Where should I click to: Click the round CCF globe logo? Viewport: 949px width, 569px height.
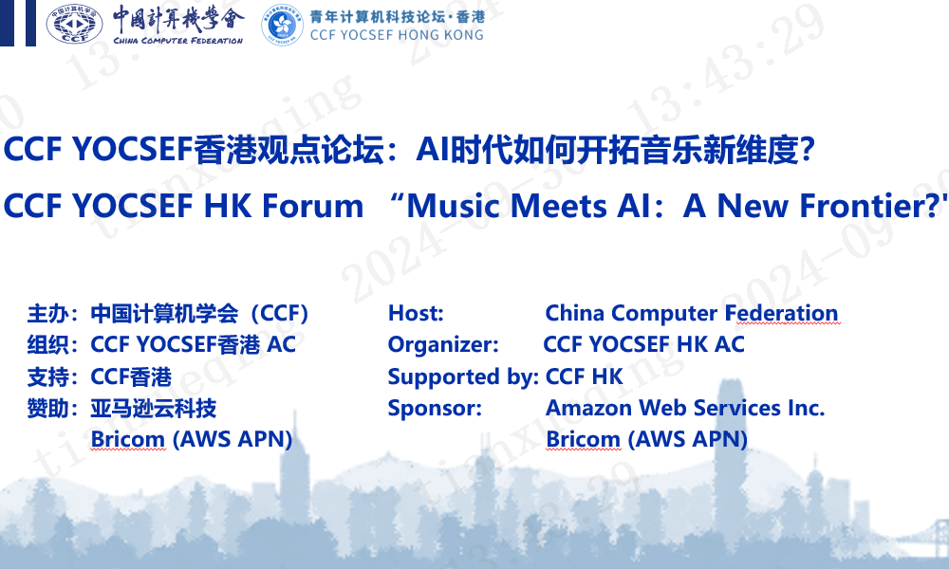tap(74, 24)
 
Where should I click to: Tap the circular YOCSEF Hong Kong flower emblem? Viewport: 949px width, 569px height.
tap(282, 25)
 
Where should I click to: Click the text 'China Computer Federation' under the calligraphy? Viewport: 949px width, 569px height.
tap(178, 41)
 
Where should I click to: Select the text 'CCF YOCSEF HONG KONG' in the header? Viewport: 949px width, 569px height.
tap(397, 35)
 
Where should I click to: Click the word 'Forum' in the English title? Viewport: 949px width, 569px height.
tap(312, 206)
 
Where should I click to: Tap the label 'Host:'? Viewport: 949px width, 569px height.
tap(416, 313)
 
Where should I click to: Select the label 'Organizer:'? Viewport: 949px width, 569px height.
tap(443, 344)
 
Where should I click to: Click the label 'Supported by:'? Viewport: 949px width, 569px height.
tap(463, 376)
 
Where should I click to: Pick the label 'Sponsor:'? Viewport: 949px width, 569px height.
tap(435, 408)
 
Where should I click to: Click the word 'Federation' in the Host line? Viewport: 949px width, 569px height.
tap(781, 313)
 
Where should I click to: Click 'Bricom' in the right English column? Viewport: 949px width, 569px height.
tap(584, 440)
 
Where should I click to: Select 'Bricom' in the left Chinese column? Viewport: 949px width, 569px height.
tap(128, 440)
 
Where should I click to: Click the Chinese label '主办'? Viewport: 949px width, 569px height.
tap(47, 314)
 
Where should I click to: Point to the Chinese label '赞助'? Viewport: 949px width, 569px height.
tap(47, 409)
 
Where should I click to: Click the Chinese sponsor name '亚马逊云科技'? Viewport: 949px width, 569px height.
tap(154, 409)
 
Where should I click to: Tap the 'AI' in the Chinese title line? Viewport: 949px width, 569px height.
tap(433, 150)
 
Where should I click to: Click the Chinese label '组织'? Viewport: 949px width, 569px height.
tap(47, 345)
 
